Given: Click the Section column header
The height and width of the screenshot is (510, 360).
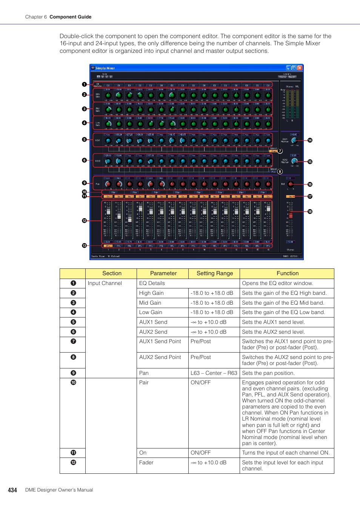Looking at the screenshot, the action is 112,273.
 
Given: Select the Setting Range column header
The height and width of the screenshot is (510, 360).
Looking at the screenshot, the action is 215,273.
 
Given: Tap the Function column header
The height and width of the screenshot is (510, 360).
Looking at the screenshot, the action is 288,273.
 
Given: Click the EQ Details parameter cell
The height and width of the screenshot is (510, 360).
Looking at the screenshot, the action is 152,283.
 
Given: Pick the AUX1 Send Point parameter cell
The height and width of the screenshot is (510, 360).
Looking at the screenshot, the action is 160,341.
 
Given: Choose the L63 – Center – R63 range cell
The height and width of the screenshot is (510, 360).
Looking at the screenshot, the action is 214,373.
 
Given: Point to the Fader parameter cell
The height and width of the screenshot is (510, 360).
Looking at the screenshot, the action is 146,462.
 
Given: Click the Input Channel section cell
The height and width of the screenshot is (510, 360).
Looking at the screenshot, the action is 105,283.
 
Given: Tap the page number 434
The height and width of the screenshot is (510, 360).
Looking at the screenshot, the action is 12,490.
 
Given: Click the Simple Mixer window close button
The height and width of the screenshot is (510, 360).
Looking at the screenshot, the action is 300,68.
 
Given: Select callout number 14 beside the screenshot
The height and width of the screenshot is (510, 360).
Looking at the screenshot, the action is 310,140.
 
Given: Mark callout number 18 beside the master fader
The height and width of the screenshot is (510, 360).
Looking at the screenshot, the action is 310,212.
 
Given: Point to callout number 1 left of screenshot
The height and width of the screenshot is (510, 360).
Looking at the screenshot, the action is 85,85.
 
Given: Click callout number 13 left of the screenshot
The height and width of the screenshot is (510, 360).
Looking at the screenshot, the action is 85,246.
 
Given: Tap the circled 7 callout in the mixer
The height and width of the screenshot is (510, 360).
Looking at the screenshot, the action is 280,151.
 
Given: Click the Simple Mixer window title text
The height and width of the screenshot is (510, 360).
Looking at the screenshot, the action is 105,68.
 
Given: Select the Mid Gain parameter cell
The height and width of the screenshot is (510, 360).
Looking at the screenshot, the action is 150,303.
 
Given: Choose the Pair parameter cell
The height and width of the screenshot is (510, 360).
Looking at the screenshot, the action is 144,382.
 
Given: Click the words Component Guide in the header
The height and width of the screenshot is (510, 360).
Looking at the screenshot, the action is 71,17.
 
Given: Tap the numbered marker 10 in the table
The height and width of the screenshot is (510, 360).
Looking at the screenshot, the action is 73,382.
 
